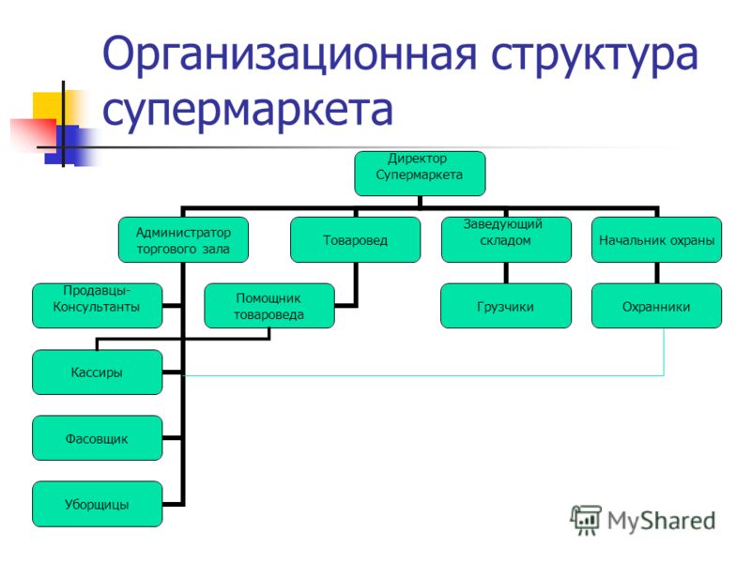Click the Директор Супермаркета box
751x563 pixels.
(x=420, y=174)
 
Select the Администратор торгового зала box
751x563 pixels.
(x=183, y=239)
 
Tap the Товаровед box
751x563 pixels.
(x=356, y=239)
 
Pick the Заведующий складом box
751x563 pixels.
(x=506, y=239)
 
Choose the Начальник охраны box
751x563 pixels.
(x=656, y=239)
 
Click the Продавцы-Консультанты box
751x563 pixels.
(x=98, y=306)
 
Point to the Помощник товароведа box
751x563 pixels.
(x=269, y=306)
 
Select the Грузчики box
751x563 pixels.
(x=506, y=306)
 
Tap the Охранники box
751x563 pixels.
(x=656, y=306)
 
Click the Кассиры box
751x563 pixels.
(x=98, y=372)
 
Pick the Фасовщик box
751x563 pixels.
(x=98, y=437)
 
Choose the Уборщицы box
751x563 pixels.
(x=98, y=504)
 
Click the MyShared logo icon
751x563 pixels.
(x=585, y=521)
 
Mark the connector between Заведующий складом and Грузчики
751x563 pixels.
(x=506, y=273)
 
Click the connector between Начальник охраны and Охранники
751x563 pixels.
(x=656, y=273)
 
